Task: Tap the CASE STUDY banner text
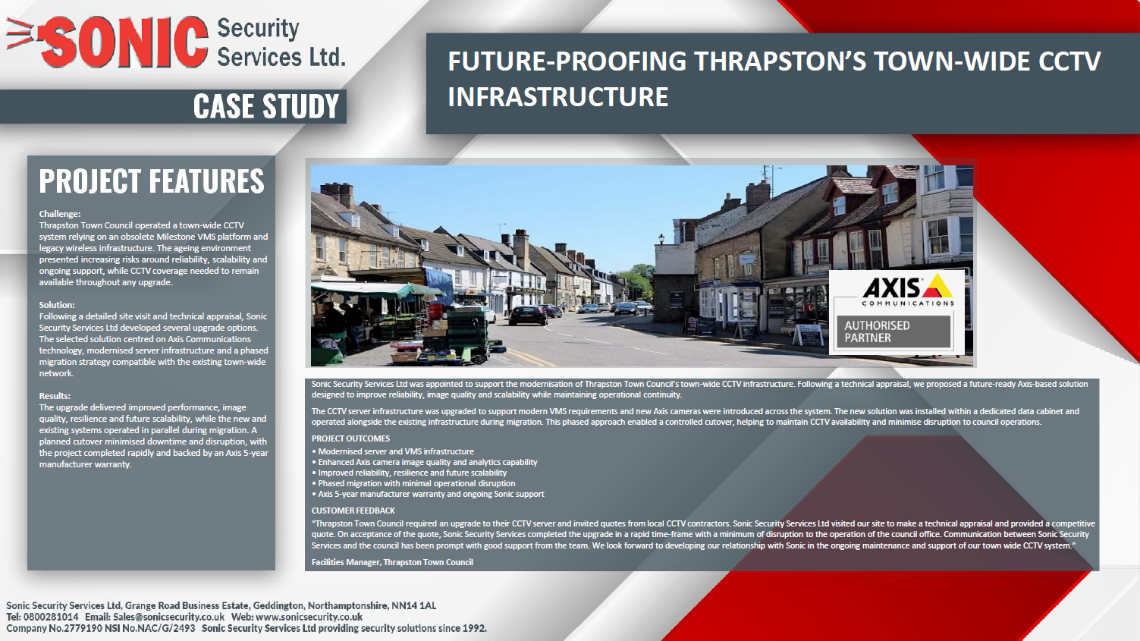(266, 106)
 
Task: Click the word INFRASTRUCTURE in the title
(557, 97)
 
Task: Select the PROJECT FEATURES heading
(152, 181)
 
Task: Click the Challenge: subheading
(60, 214)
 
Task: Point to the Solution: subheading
(57, 304)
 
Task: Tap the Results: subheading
(55, 395)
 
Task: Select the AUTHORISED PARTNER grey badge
(893, 331)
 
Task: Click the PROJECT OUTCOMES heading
(350, 438)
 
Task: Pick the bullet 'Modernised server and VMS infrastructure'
(393, 451)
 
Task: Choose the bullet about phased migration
(413, 483)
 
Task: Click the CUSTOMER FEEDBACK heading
(353, 511)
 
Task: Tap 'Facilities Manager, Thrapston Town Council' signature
(392, 562)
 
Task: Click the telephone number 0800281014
(51, 617)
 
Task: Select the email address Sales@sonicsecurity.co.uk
(168, 617)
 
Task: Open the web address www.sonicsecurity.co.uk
(309, 617)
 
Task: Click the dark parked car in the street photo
(528, 315)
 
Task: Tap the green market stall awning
(377, 291)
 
